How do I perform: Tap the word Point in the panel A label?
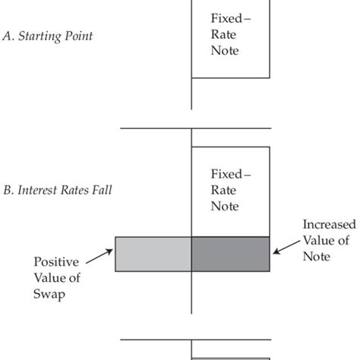click(x=78, y=36)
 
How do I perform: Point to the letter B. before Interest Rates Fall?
click(x=10, y=189)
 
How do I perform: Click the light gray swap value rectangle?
click(x=153, y=254)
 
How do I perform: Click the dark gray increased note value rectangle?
click(x=230, y=254)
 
